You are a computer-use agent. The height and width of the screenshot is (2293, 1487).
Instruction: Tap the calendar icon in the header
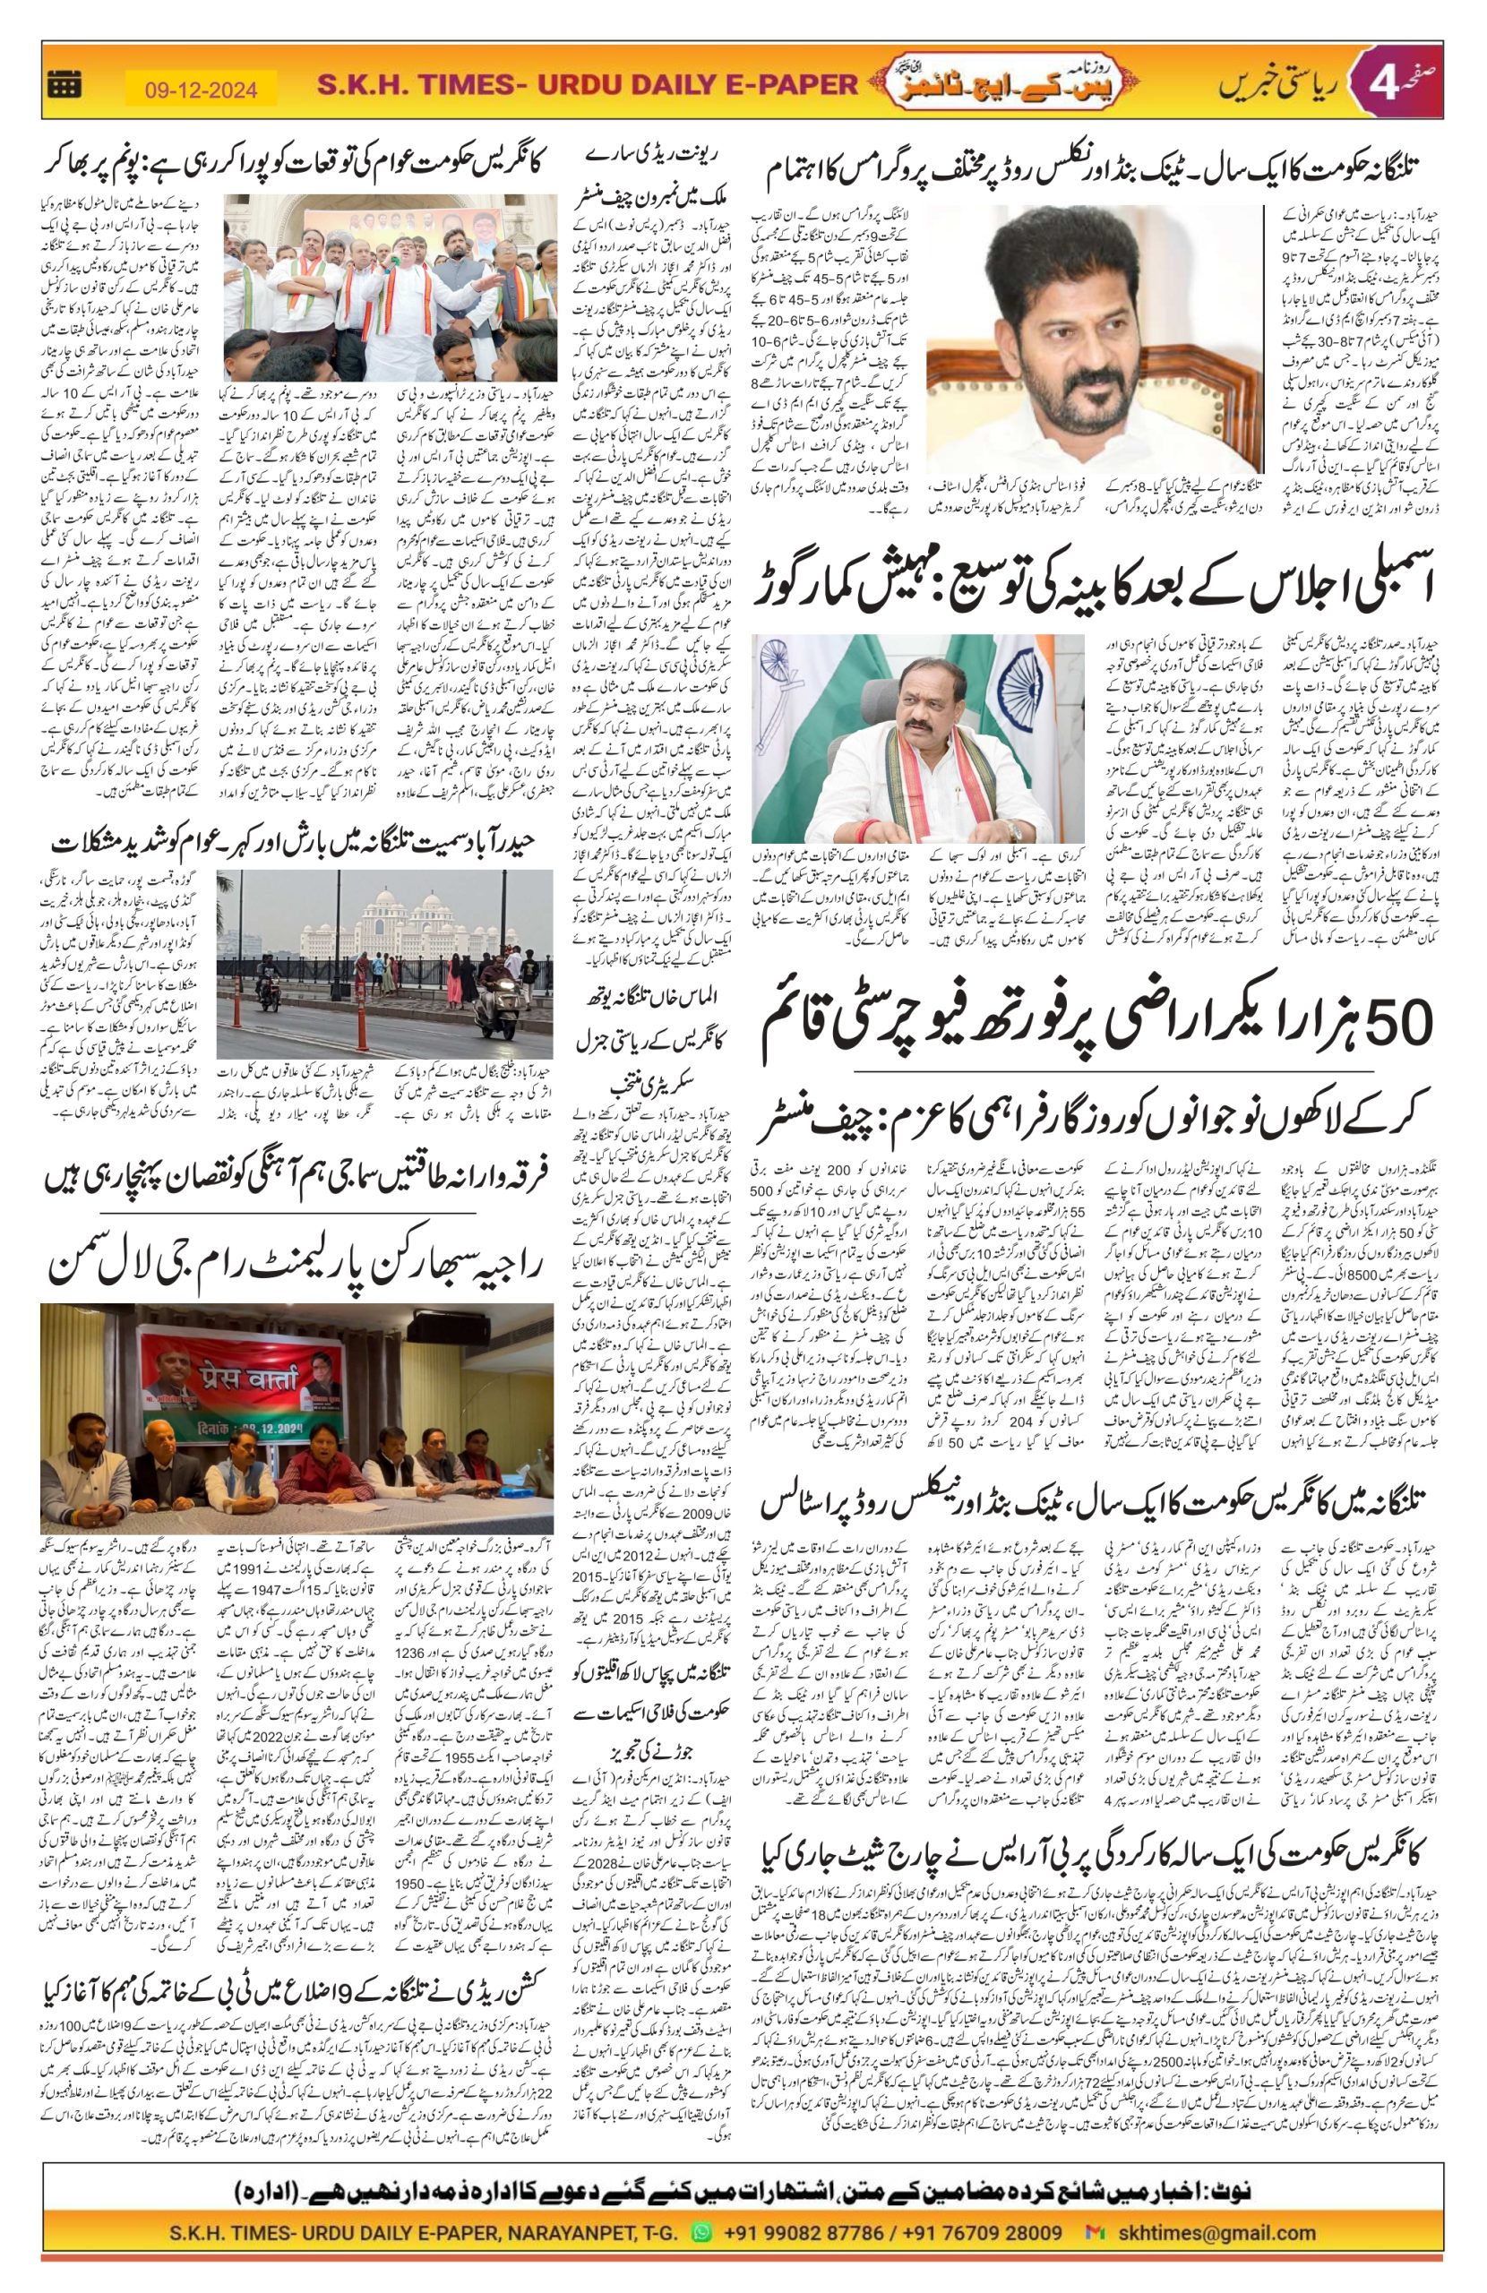click(x=65, y=87)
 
